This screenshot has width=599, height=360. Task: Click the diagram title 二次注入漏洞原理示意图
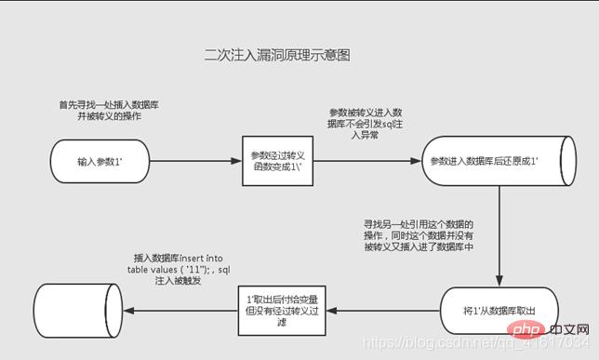coord(276,56)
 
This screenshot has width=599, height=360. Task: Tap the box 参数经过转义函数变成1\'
coord(269,161)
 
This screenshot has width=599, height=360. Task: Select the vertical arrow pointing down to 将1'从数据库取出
coord(500,233)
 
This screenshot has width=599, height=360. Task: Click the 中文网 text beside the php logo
coord(567,330)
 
